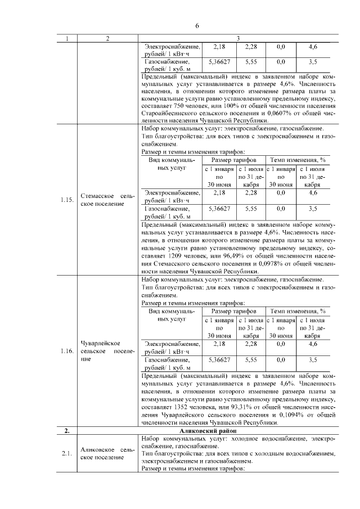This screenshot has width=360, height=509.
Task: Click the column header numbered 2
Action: point(106,38)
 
